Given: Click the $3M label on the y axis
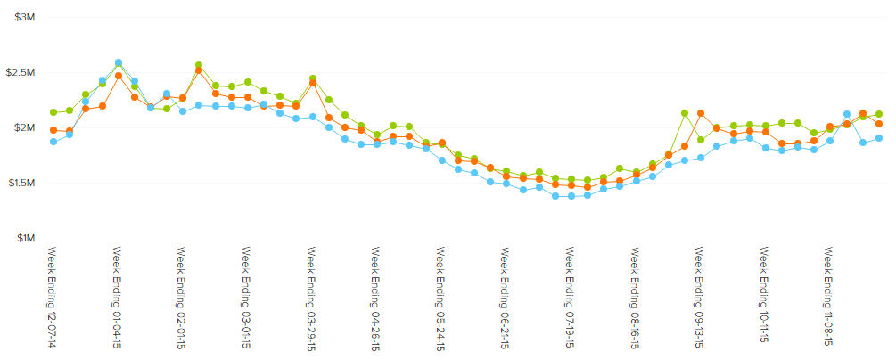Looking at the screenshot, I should click(x=24, y=17).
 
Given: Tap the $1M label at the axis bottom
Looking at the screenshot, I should click(x=24, y=238).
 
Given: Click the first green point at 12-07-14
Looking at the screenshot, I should click(x=53, y=112).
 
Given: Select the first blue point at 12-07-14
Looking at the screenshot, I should click(x=53, y=142).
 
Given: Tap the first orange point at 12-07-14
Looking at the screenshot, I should click(x=53, y=130).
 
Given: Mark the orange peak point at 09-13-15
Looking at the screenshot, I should click(x=701, y=113).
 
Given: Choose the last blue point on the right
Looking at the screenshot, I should click(x=879, y=138).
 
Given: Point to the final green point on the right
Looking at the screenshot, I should click(x=879, y=114).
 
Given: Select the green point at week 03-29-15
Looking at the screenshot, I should click(x=313, y=78).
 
